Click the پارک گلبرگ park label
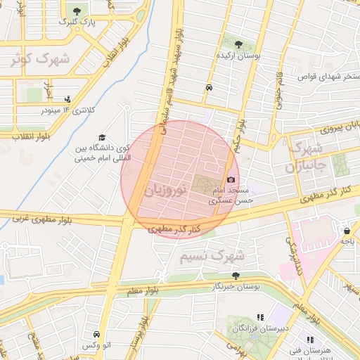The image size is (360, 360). pos(76,22)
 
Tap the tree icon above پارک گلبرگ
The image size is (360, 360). pos(77,11)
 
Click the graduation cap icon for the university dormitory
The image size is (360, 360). pos(102,138)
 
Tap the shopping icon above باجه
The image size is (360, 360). pos(347,230)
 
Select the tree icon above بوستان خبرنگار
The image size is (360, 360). pos(236,276)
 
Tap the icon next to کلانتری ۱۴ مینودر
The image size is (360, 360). pos(67,99)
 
